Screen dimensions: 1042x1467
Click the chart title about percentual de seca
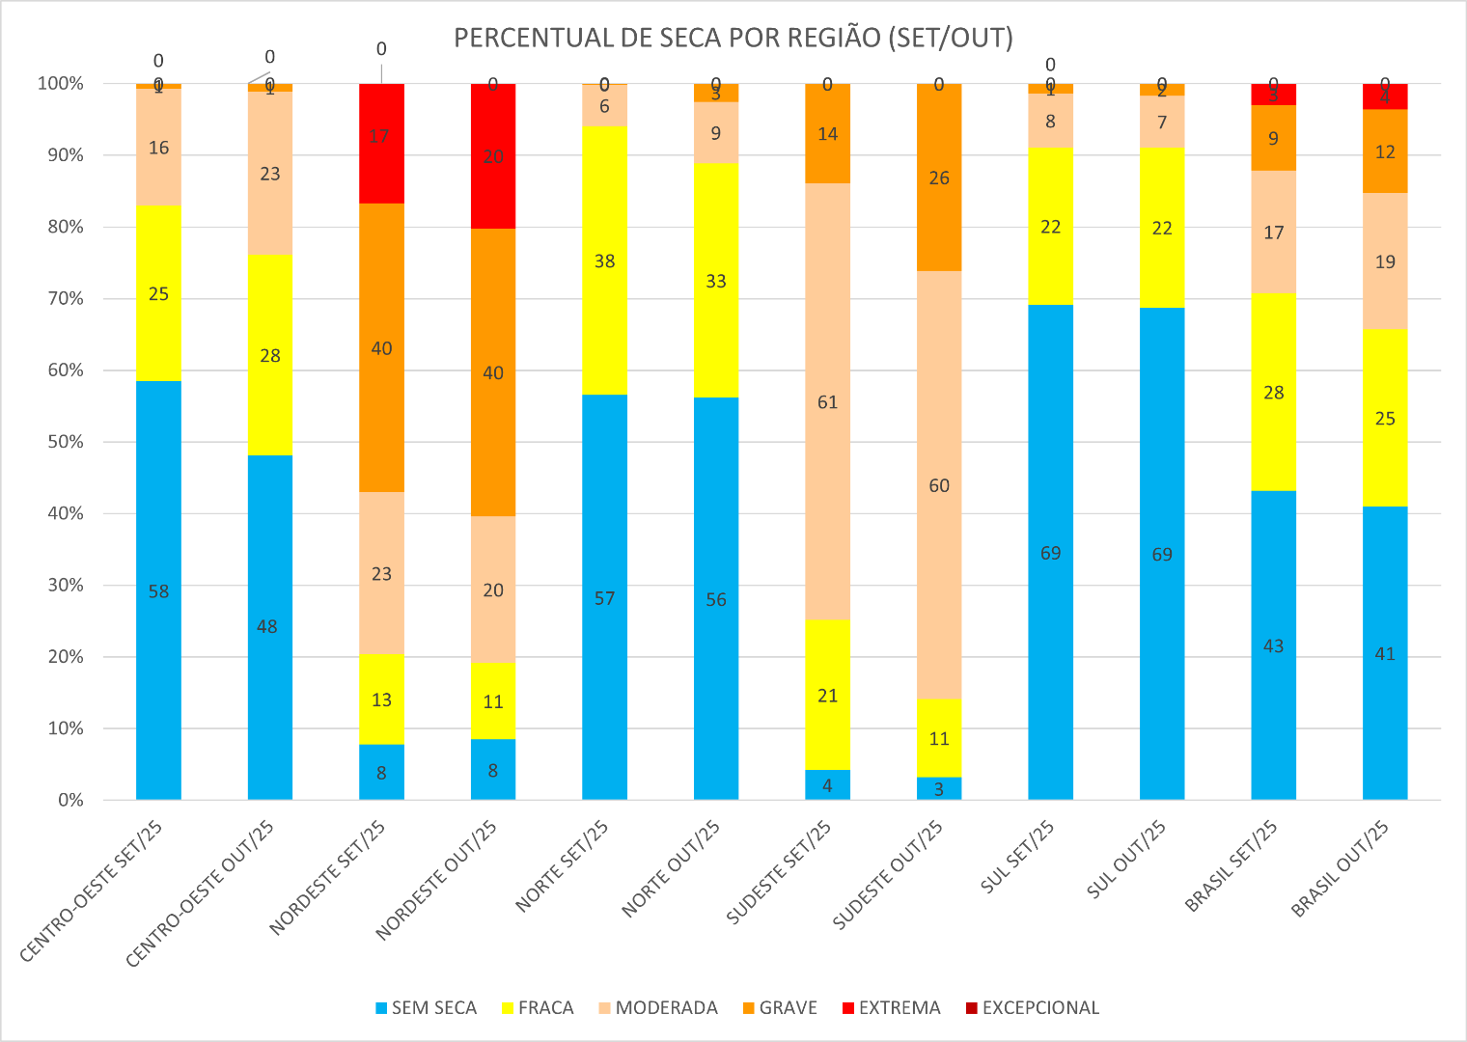pos(733,38)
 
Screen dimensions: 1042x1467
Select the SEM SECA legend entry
pos(433,1008)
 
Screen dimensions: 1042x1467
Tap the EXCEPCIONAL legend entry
pos(1039,1008)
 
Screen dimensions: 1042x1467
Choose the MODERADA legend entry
pos(666,1008)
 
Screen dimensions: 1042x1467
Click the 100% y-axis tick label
pos(61,84)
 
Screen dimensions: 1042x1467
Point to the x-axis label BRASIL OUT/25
pos(1342,868)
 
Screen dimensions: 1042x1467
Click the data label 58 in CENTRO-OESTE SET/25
pos(158,591)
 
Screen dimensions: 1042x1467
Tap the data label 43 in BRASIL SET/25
pos(1273,645)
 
